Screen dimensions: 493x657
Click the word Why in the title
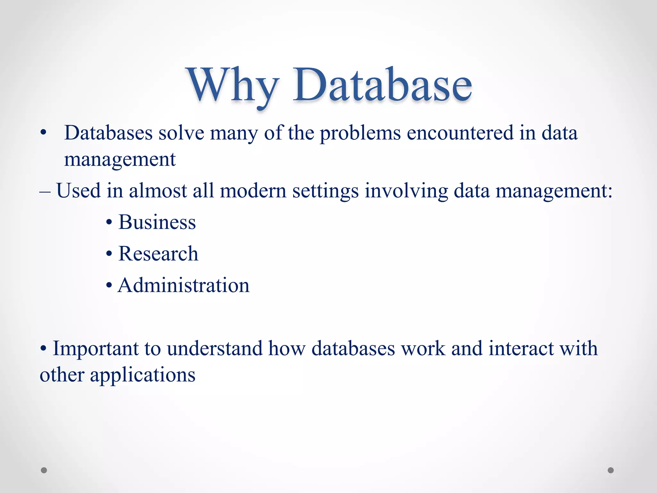click(x=233, y=85)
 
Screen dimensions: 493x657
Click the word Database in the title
click(x=382, y=85)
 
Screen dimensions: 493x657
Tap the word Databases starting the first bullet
click(x=108, y=133)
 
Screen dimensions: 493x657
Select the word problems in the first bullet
click(x=360, y=133)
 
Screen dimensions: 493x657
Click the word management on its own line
click(x=120, y=160)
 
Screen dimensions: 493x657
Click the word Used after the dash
click(x=78, y=190)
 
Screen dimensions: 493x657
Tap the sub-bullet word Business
click(x=157, y=222)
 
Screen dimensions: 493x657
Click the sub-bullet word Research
click(x=158, y=254)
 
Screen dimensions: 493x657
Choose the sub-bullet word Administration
click(x=183, y=285)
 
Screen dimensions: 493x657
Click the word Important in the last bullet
click(x=95, y=349)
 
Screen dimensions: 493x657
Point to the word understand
click(x=214, y=348)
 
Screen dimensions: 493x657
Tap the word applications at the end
click(x=142, y=375)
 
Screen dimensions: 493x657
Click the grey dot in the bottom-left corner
click(x=44, y=470)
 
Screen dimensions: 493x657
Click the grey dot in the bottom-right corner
click(x=611, y=470)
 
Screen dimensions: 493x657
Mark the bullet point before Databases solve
click(x=43, y=133)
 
